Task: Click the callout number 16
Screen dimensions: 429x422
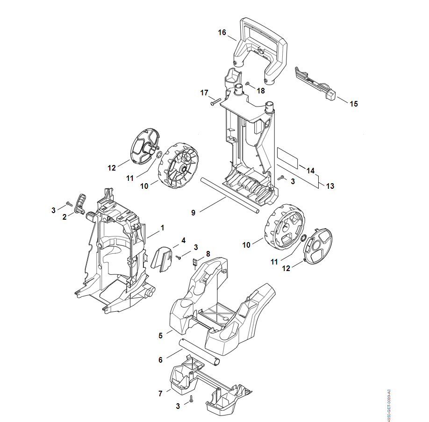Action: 222,33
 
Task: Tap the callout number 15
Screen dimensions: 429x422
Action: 354,104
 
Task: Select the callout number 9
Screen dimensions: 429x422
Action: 193,213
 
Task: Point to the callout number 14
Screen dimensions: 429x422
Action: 310,171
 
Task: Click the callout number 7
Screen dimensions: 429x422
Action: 160,393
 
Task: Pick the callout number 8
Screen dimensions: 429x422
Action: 208,254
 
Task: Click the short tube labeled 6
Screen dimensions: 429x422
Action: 199,352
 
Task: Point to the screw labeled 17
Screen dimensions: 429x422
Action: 215,101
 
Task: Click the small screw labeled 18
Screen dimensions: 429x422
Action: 248,83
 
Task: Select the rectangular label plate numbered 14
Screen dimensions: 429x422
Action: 287,158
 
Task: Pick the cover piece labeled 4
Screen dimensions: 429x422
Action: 162,258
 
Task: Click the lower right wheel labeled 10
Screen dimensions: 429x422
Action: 285,227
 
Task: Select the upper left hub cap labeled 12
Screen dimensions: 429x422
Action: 145,146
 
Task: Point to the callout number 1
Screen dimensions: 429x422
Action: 163,228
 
